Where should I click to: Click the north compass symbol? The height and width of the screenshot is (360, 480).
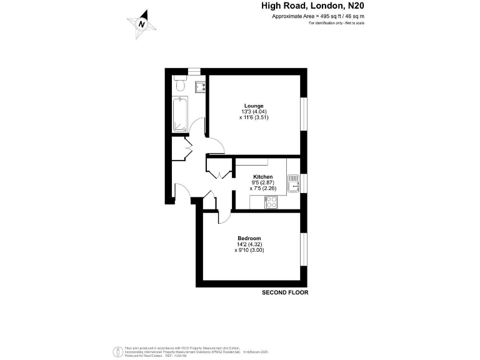[x=142, y=24]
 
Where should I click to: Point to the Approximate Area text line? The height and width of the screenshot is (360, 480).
[x=318, y=16]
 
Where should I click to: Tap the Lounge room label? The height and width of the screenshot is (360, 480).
[x=254, y=106]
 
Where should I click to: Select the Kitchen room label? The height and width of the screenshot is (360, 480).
[x=262, y=177]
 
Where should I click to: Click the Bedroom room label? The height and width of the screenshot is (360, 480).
[x=248, y=239]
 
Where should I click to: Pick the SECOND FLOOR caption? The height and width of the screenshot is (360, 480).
[x=285, y=292]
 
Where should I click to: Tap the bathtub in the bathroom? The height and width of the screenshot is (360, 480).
[x=179, y=114]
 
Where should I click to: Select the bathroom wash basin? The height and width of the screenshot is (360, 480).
[x=201, y=86]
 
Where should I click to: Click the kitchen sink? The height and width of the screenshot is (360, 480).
[x=293, y=183]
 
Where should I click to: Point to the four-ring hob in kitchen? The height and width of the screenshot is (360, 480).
[x=272, y=202]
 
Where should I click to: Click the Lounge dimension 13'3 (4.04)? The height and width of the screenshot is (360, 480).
[x=254, y=111]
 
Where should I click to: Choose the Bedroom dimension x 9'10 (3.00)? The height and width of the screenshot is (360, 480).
[x=249, y=250]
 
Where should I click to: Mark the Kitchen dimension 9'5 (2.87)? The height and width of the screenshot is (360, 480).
[x=262, y=182]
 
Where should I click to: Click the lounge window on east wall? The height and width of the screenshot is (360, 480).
[x=304, y=114]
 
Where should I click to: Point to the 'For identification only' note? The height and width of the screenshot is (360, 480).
[x=336, y=23]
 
